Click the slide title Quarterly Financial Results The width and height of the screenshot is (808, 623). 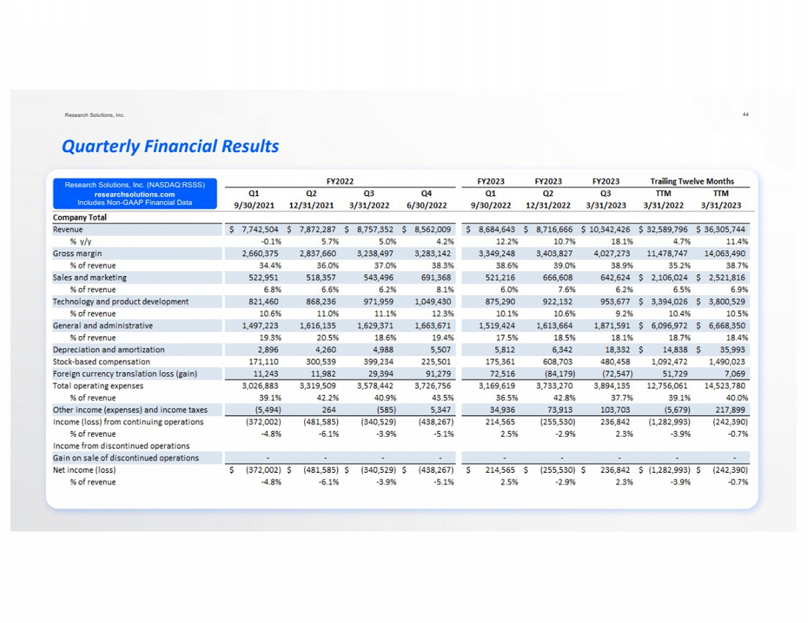coord(170,146)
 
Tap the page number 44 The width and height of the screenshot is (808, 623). coord(746,115)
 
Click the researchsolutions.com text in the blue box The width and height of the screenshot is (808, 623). coord(135,194)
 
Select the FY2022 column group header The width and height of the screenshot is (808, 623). coord(340,181)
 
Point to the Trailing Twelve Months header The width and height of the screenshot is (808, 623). coord(692,181)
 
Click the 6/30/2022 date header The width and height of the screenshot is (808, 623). coord(426,206)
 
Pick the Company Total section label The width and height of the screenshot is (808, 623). coord(80,217)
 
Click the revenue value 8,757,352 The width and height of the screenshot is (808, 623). coord(375,230)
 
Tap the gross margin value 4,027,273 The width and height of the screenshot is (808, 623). coord(611,253)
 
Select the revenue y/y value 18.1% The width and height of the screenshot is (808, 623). coord(622,242)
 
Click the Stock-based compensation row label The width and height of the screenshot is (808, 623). coord(101,362)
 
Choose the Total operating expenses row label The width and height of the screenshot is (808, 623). coord(98,386)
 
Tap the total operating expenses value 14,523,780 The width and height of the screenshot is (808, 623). coord(725,386)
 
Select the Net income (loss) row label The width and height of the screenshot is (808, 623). coord(84,470)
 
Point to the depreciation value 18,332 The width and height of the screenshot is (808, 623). coord(616,350)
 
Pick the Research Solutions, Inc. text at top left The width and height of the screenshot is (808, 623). coord(95,115)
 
